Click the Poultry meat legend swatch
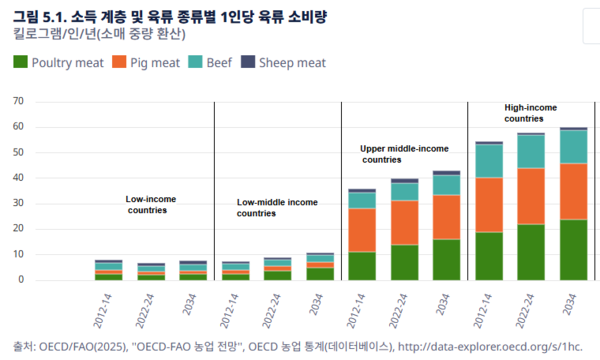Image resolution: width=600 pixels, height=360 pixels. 20,62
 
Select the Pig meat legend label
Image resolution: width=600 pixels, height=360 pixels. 155,63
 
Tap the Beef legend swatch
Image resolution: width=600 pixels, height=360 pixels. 195,62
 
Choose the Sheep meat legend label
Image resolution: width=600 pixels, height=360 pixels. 292,63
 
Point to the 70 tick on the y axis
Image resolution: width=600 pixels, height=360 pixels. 18,101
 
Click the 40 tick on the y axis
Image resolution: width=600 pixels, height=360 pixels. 18,178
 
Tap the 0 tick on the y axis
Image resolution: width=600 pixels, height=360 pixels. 21,280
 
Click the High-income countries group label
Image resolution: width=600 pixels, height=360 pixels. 530,113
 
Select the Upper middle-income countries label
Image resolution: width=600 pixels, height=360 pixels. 404,154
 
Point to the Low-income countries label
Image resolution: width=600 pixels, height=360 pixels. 151,204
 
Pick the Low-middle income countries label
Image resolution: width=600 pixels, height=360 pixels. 277,207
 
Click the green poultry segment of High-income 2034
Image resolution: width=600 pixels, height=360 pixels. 574,250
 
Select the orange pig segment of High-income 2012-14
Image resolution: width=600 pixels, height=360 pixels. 489,205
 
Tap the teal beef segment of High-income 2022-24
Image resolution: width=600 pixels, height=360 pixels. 531,152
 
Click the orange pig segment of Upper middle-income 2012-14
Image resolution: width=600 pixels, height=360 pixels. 362,230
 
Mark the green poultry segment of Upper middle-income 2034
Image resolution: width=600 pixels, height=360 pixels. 447,260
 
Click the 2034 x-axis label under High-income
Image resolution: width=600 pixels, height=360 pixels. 570,304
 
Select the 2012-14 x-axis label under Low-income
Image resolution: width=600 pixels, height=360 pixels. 103,311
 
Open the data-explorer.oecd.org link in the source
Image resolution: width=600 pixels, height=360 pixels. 490,347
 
